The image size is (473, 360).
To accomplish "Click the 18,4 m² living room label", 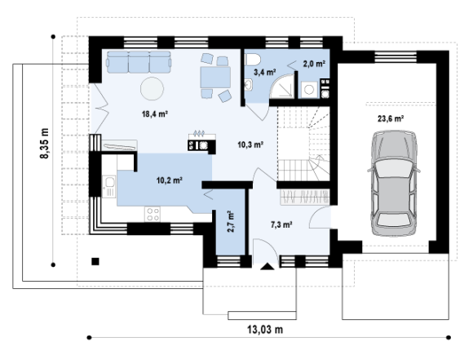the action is (x=155, y=113).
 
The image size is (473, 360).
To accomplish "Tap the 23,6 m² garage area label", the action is (x=391, y=118).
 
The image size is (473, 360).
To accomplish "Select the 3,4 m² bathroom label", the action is (x=265, y=72).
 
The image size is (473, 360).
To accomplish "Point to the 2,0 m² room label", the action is (x=314, y=64).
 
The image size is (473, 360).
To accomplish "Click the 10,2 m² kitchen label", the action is (x=170, y=180).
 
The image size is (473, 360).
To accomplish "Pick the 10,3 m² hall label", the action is (x=250, y=144).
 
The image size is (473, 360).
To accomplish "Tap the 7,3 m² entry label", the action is (x=281, y=224).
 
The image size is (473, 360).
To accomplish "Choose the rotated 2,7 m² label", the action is (x=231, y=221).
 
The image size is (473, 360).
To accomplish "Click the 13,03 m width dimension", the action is (x=265, y=329).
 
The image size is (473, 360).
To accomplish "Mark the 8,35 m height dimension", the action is (x=44, y=143).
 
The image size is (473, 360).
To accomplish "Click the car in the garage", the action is (x=394, y=183).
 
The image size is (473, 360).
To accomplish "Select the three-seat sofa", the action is (x=139, y=62).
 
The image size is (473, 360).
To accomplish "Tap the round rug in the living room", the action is (x=152, y=89).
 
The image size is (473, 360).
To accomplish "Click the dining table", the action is (x=215, y=78).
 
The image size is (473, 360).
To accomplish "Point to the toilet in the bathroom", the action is (x=253, y=60).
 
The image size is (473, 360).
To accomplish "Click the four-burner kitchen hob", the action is (x=153, y=214).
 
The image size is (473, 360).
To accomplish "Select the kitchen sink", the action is (x=109, y=187).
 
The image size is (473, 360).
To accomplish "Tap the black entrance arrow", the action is (x=267, y=266).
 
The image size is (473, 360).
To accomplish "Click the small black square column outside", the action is (x=95, y=261).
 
